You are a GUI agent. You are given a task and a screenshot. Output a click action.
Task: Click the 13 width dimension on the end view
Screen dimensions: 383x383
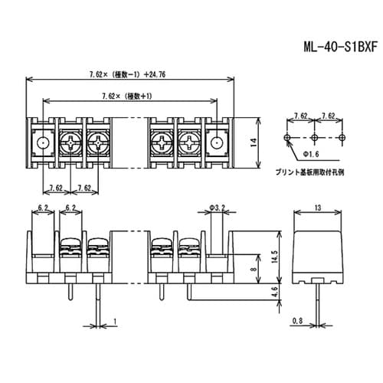point(316,208)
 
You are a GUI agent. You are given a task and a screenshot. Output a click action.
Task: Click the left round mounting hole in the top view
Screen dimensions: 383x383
point(43,142)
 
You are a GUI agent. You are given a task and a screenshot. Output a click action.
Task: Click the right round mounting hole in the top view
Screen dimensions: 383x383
point(217,142)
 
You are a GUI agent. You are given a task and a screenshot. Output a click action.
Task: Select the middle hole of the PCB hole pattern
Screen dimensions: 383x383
point(315,139)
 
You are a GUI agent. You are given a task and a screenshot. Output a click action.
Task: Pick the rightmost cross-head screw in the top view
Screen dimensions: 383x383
point(188,142)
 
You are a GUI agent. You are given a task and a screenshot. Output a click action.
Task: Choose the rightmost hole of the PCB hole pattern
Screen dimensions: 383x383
point(342,139)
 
